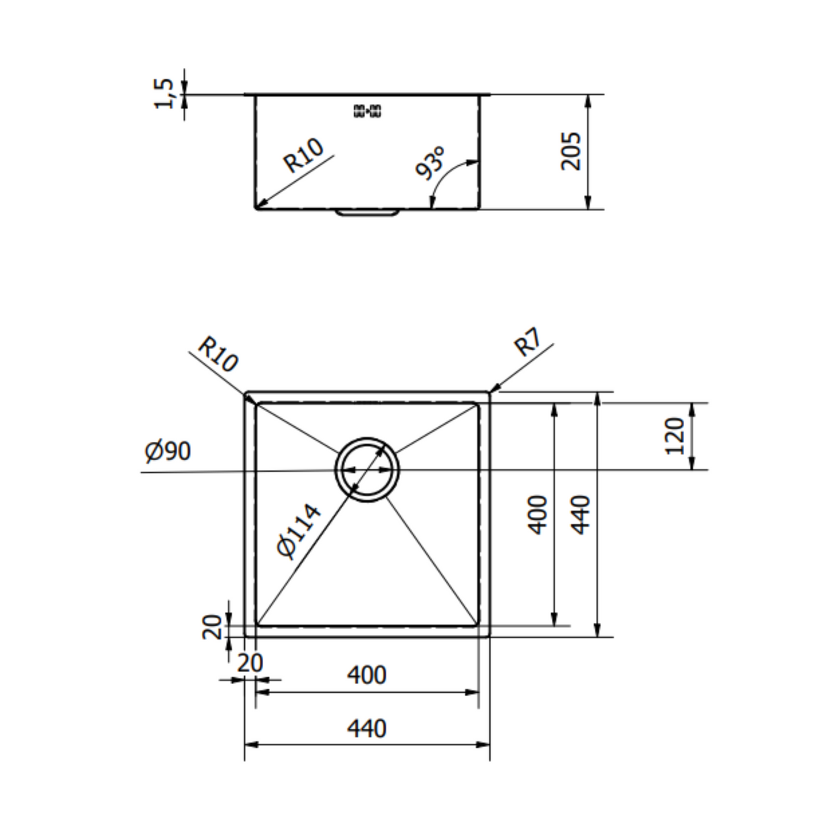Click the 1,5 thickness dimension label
pos(164,93)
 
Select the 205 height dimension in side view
pos(571,151)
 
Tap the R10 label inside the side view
pos(303,156)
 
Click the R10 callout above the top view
pos(218,354)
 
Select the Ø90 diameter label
pos(168,452)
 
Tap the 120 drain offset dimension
pos(675,436)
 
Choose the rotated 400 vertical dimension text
pos(538,515)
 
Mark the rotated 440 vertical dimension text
pos(581,515)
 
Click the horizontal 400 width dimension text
pos(367,675)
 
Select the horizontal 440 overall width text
pos(367,728)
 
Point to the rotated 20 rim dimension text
pos(212,627)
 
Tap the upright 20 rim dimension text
pos(250,663)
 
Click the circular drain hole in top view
pos(367,469)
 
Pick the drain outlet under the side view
pos(367,213)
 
